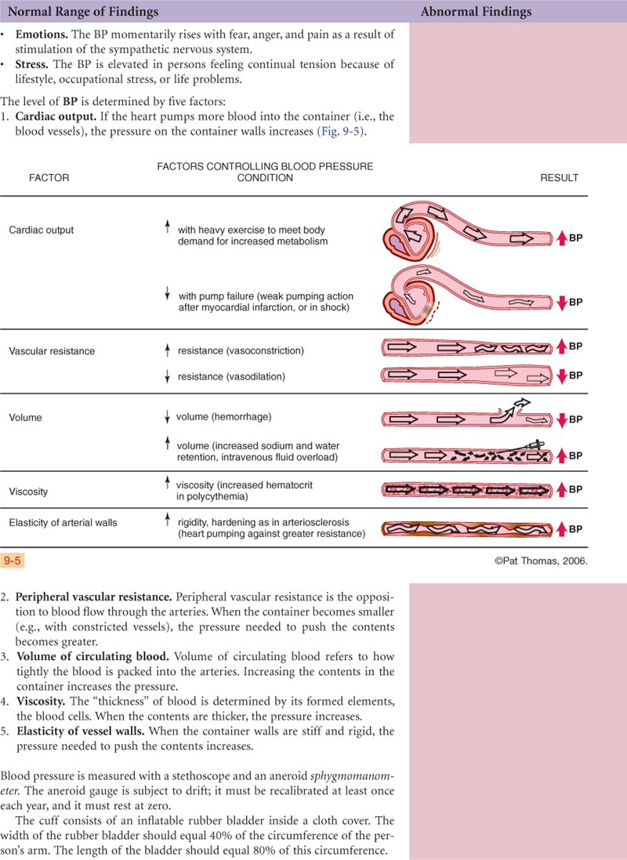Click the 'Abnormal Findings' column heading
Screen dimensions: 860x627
pos(476,12)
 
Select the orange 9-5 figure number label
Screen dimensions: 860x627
pos(13,561)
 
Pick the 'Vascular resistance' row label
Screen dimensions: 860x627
pos(52,351)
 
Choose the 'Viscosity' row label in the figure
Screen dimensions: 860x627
pos(28,492)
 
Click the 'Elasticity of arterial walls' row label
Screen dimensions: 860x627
pos(63,522)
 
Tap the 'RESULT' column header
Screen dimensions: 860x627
pos(559,178)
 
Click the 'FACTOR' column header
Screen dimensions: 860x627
pos(49,178)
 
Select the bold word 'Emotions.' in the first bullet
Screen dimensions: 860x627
pos(42,35)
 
